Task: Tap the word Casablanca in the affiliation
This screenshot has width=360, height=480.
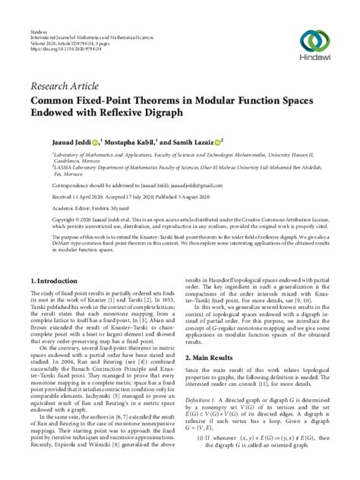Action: (x=51, y=163)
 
